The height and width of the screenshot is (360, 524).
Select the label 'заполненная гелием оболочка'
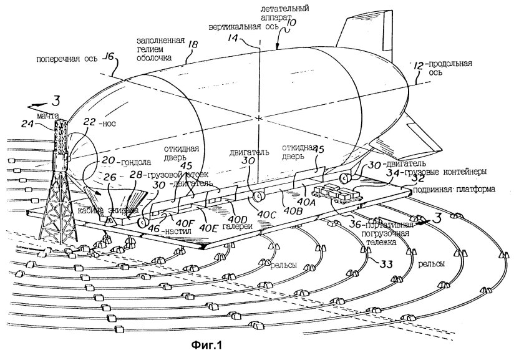pos(160,48)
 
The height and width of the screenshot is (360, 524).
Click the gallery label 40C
pos(268,215)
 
